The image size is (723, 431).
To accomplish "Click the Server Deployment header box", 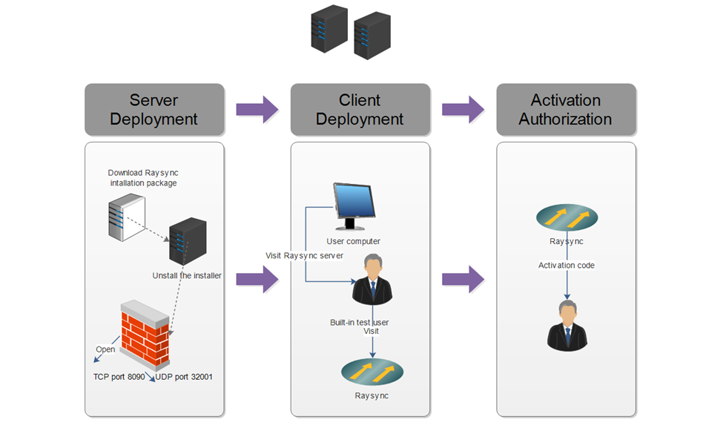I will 154,109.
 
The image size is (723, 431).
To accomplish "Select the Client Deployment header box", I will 360,109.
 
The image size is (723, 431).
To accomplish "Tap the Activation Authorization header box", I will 566,109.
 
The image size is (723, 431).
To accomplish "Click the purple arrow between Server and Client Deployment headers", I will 257,110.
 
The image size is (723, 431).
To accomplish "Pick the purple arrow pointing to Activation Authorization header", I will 463,110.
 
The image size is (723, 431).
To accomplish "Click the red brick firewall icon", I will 145,335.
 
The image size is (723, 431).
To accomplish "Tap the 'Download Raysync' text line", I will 142,173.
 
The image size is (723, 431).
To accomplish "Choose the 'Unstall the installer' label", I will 187,276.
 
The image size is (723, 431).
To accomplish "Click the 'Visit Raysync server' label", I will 304,256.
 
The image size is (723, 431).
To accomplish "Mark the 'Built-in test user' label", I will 360,323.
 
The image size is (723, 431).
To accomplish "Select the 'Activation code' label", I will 567,265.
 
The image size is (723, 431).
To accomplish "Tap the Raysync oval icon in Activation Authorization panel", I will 567,218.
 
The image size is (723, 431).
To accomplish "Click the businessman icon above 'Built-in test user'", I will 372,280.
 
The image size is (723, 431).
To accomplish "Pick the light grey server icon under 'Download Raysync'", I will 124,216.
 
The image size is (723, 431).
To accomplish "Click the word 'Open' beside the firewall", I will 105,349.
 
